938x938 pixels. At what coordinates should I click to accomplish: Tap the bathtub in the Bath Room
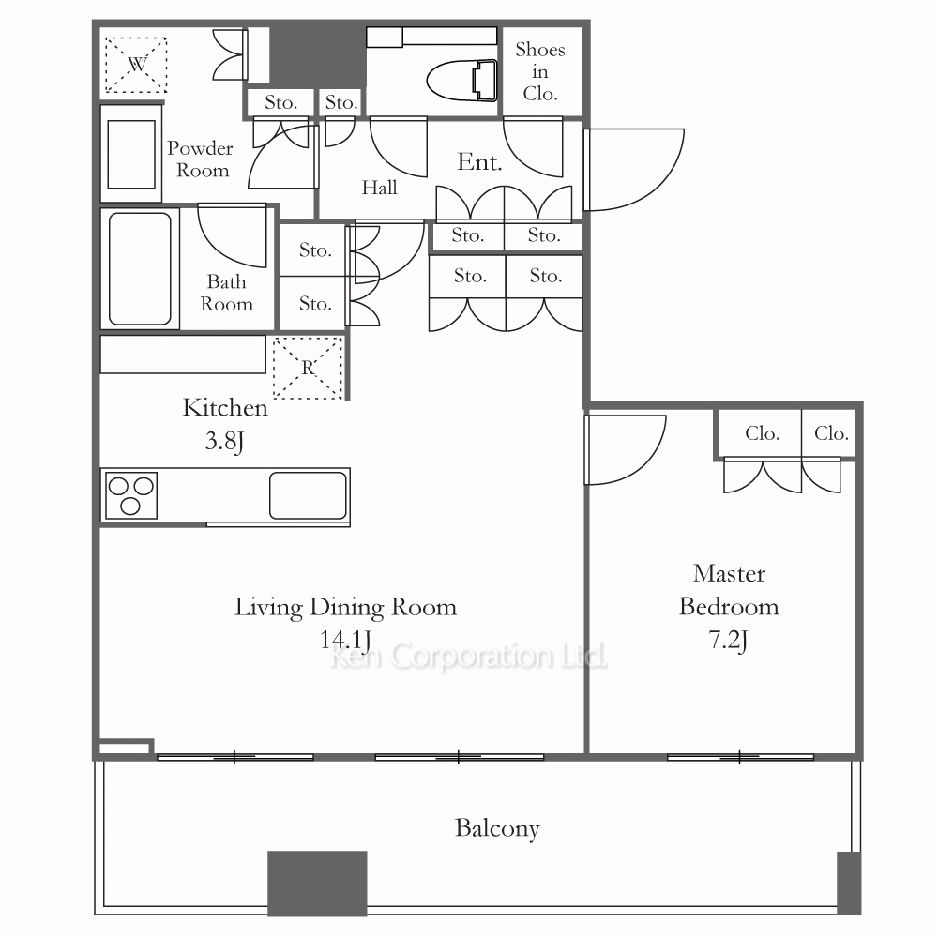pyautogui.click(x=140, y=268)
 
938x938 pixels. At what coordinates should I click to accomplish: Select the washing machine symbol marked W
pyautogui.click(x=136, y=65)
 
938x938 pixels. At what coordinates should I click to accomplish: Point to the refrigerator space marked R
pyautogui.click(x=308, y=368)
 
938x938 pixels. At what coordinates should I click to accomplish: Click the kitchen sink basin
pyautogui.click(x=308, y=495)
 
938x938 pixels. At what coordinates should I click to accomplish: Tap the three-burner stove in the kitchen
pyautogui.click(x=131, y=495)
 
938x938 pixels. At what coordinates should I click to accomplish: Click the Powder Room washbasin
pyautogui.click(x=131, y=154)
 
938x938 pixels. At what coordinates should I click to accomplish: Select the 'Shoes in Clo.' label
pyautogui.click(x=540, y=71)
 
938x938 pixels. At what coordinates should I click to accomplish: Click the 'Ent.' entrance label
pyautogui.click(x=479, y=162)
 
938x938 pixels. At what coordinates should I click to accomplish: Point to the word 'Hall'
pyautogui.click(x=379, y=188)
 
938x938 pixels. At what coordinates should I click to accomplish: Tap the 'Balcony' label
pyautogui.click(x=497, y=828)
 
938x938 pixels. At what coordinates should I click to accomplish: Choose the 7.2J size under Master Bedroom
pyautogui.click(x=728, y=641)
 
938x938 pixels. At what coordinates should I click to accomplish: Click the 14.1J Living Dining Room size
pyautogui.click(x=345, y=641)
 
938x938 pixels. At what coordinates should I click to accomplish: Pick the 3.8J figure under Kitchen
pyautogui.click(x=224, y=442)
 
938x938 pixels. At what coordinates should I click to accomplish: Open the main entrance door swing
pyautogui.click(x=634, y=169)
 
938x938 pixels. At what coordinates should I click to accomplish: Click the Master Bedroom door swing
pyautogui.click(x=625, y=449)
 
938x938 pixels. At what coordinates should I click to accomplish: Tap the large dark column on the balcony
pyautogui.click(x=317, y=883)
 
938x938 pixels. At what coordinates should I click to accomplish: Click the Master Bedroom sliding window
pyautogui.click(x=740, y=757)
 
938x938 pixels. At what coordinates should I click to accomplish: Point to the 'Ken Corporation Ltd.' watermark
pyautogui.click(x=468, y=657)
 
